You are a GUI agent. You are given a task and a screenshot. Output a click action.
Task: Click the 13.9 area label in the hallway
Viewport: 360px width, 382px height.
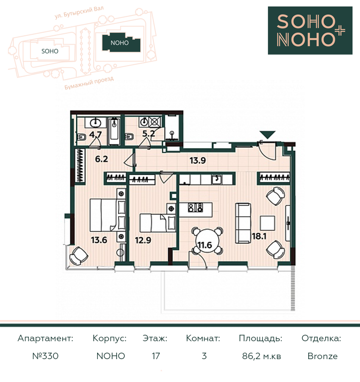(198, 161)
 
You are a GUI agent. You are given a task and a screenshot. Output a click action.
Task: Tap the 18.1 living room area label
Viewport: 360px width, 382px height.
(259, 236)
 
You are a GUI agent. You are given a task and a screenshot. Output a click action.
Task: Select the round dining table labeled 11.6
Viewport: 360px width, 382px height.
(207, 241)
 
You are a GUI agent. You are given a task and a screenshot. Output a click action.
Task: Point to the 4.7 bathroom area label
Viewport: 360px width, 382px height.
(96, 134)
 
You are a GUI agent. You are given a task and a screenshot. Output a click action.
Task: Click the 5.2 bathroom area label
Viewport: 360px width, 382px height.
(148, 133)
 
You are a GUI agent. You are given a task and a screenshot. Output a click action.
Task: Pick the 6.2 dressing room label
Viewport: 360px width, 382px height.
(102, 159)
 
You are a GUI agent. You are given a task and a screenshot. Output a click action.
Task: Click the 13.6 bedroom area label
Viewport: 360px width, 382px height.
(99, 240)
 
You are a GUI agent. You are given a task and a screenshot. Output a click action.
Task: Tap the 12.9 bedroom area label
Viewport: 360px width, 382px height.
(143, 240)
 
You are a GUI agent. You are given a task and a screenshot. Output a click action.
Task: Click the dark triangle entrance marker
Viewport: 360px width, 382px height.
(267, 134)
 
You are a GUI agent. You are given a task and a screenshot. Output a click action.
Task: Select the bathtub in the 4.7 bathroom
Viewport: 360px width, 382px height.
(114, 131)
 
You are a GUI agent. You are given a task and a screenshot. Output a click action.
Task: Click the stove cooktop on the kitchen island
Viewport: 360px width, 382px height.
(195, 207)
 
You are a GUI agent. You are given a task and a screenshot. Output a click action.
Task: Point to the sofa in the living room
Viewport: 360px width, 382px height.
(243, 223)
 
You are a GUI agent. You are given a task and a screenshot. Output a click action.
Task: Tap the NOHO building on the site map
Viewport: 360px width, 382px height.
(121, 43)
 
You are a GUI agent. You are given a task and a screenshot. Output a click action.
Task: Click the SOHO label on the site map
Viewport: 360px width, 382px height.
(50, 51)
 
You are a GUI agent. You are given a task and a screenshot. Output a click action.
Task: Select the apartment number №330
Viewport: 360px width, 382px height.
(45, 356)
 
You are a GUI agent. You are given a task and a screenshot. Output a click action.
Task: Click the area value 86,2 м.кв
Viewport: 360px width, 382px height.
(261, 356)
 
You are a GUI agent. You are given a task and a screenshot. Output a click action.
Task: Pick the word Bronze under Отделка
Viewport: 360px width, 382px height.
(323, 356)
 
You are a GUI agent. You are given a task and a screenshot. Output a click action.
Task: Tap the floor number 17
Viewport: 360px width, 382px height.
(156, 356)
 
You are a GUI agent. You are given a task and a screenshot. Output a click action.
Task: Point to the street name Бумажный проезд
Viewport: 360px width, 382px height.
(89, 83)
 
